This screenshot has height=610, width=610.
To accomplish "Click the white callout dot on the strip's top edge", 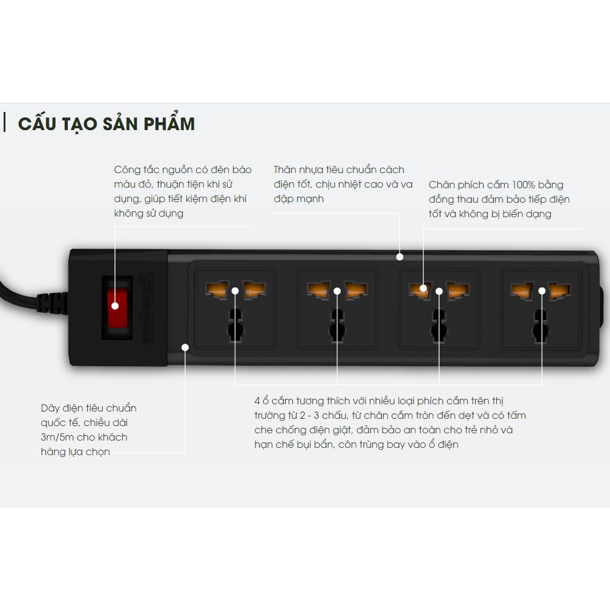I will (399, 257).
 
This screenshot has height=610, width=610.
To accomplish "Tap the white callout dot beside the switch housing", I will (185, 347).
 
